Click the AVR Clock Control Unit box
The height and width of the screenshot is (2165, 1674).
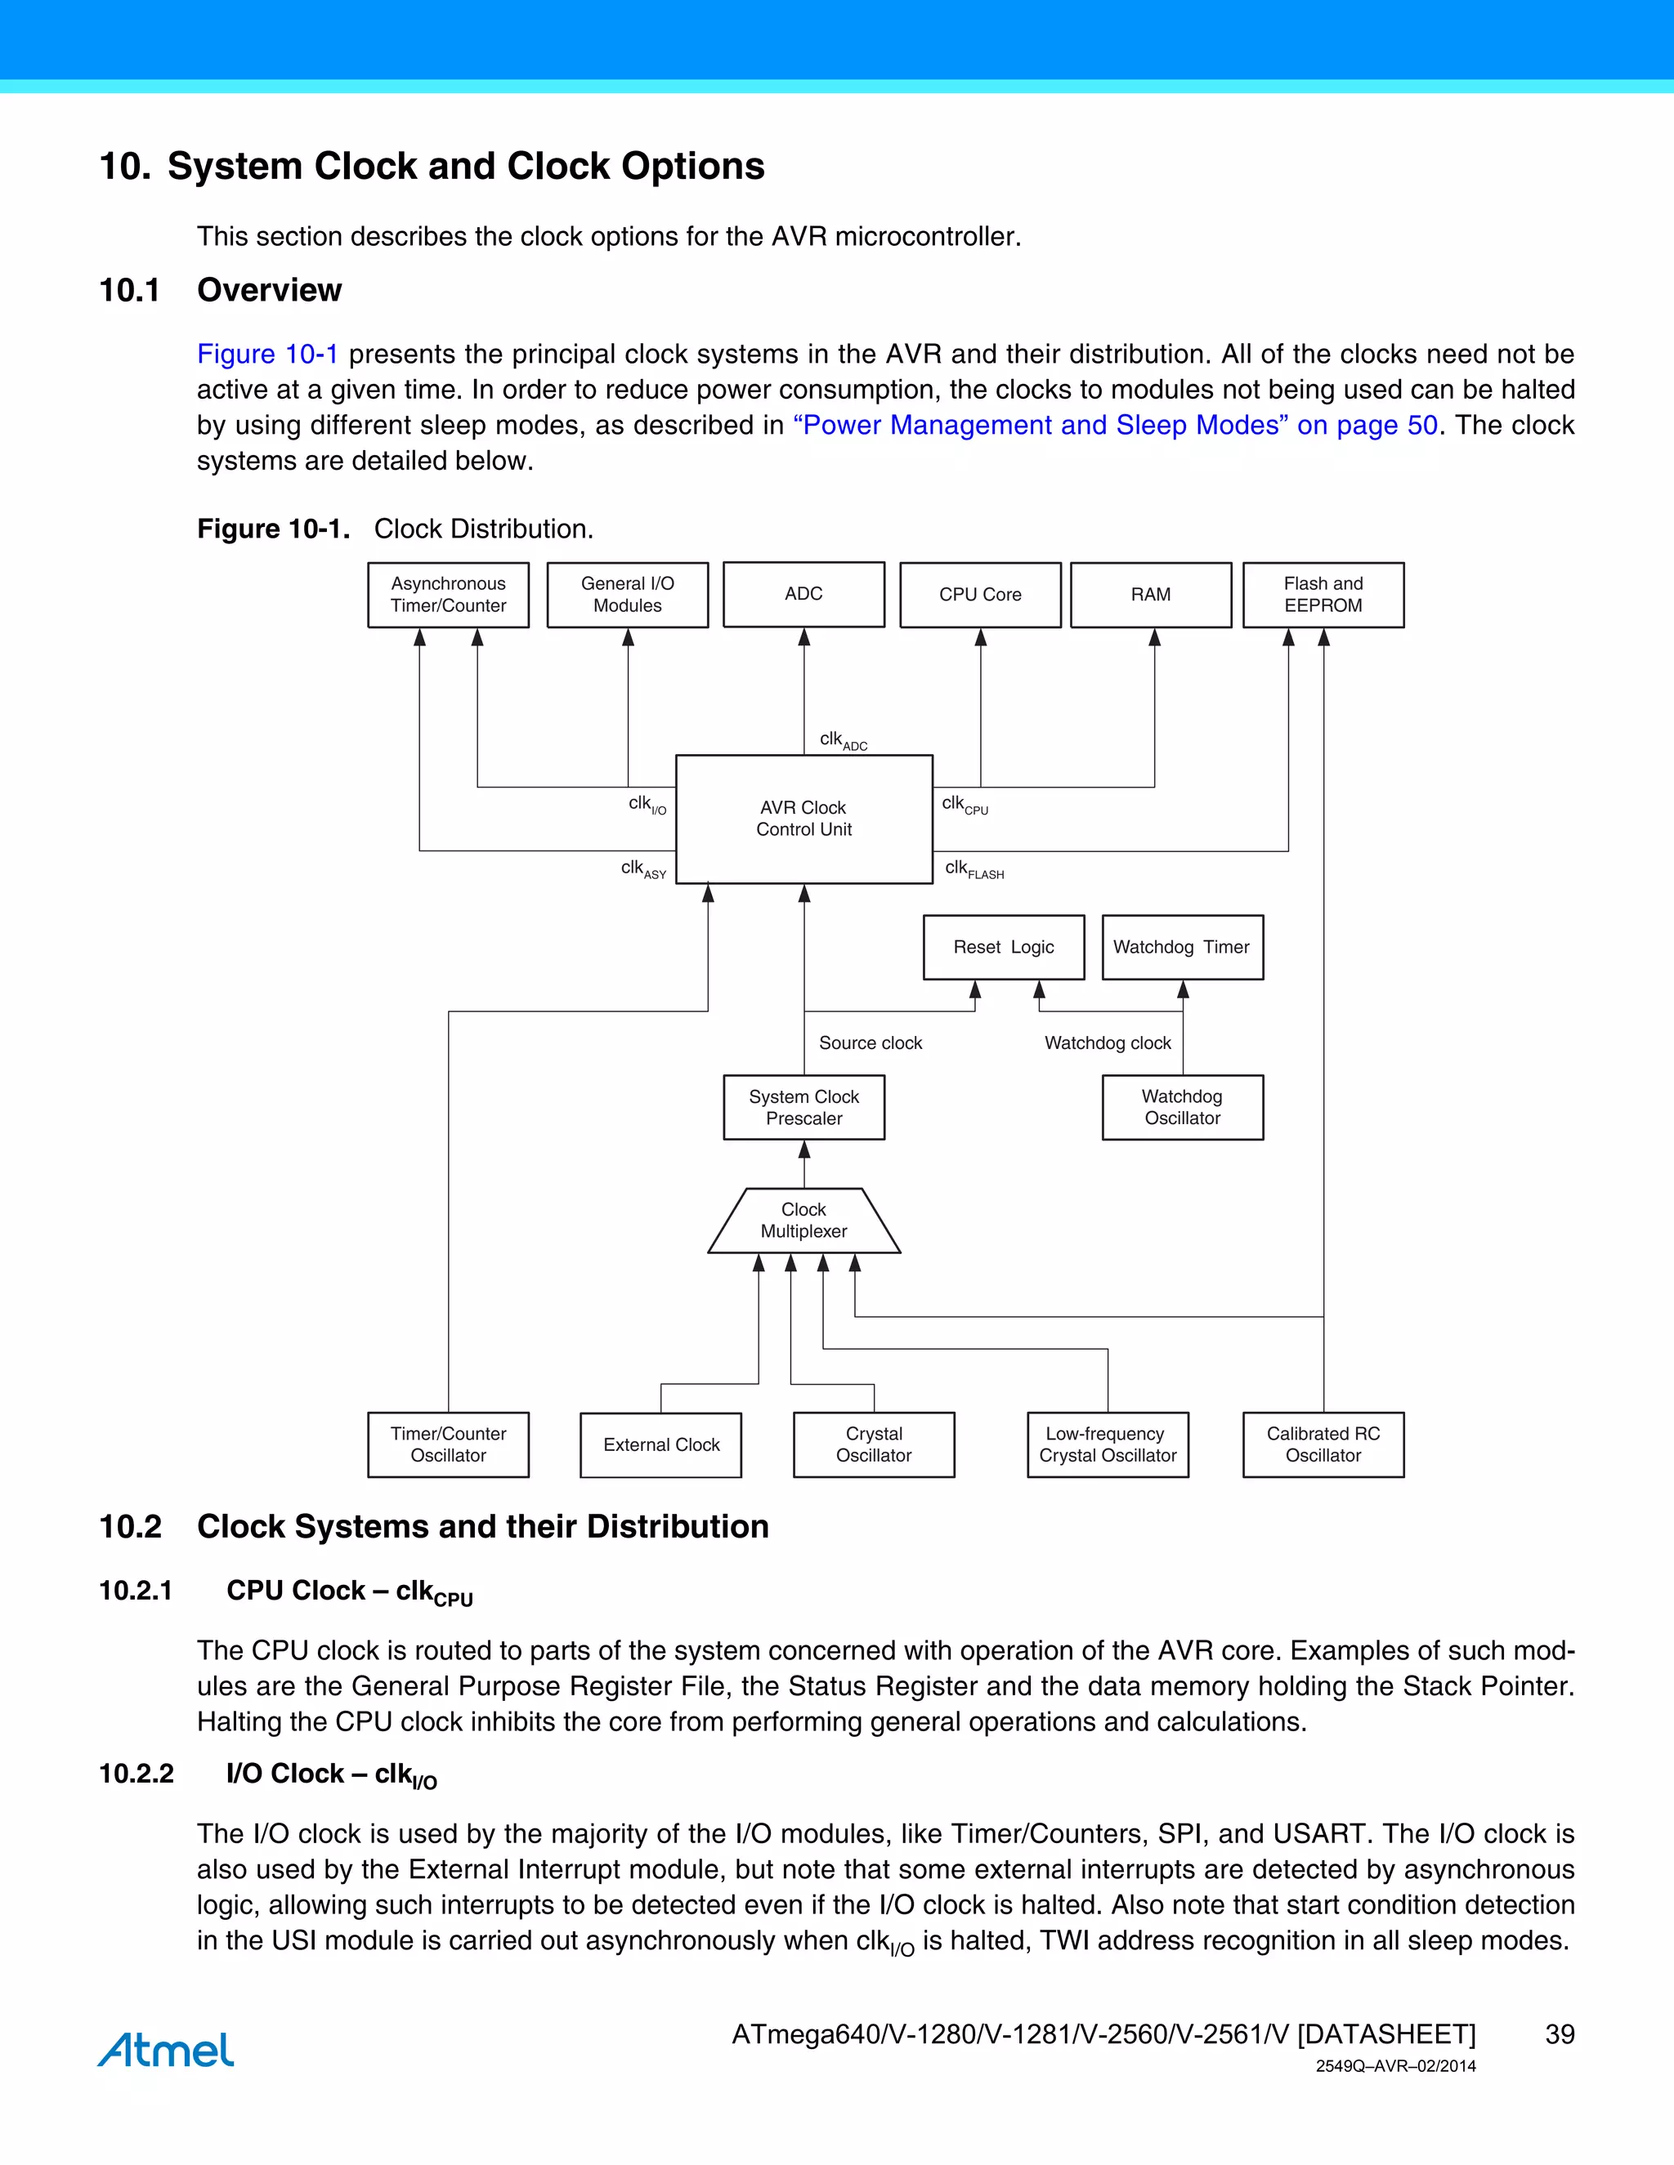803,819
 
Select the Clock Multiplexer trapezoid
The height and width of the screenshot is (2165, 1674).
803,1221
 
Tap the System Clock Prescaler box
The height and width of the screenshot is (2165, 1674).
803,1107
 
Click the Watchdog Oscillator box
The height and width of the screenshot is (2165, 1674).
1182,1107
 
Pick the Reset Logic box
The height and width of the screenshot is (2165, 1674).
1004,947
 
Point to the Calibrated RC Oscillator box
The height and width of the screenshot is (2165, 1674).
1323,1444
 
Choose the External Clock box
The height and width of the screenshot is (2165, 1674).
660,1444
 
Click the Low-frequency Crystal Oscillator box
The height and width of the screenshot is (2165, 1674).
1108,1444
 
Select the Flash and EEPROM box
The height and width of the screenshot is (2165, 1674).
1323,595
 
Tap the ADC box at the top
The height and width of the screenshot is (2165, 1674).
803,594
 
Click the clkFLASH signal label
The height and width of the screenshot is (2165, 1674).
974,869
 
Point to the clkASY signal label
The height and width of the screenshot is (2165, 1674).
643,869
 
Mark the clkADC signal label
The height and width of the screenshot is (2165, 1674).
843,740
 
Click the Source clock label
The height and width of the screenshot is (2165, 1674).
870,1042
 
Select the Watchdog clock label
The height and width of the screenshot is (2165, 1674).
1108,1042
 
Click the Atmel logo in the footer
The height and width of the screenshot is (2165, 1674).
166,2050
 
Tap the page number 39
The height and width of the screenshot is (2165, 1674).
1559,2034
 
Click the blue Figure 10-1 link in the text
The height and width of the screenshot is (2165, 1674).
268,354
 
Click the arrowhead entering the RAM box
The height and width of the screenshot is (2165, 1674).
1154,636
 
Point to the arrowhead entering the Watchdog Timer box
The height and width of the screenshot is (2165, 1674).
1182,989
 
